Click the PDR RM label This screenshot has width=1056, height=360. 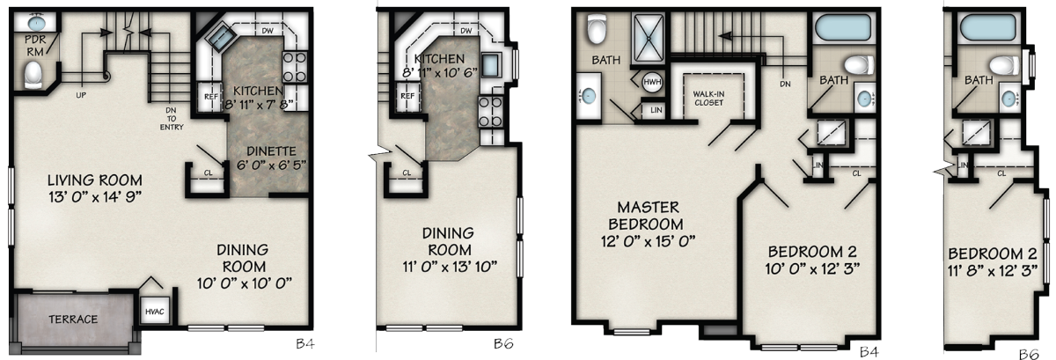(x=35, y=46)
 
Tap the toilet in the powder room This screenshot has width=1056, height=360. (x=33, y=76)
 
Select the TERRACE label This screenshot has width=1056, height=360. (x=73, y=320)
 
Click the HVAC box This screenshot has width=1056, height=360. (x=155, y=312)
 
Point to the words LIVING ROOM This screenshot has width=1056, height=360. (x=95, y=180)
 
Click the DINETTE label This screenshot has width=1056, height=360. (x=271, y=151)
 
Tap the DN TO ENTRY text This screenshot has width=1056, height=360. (x=172, y=119)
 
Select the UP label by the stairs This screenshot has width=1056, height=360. (x=81, y=95)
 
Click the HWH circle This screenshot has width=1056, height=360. (x=652, y=82)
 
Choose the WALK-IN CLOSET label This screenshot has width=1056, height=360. (x=708, y=98)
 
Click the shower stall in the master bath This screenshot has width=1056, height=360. (x=649, y=38)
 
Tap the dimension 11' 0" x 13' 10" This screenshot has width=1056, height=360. (x=450, y=267)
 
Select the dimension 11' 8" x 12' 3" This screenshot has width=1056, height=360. (x=993, y=271)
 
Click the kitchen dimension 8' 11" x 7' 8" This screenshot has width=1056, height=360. (x=260, y=104)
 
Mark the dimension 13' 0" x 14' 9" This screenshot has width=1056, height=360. (x=95, y=197)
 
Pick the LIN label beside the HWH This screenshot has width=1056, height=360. (x=656, y=110)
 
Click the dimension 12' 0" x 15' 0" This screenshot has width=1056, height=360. (x=649, y=241)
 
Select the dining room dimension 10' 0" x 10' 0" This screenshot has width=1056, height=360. (x=245, y=283)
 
